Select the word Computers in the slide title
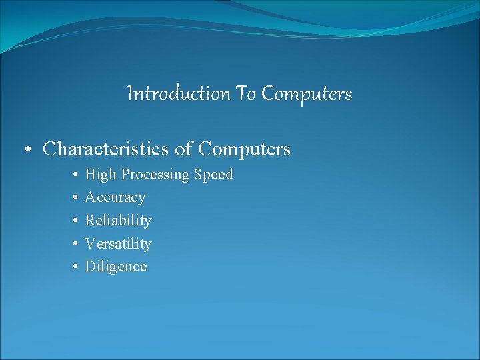[x=307, y=94]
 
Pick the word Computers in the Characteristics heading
[x=245, y=149]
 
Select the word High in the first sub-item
[x=100, y=175]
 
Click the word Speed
[x=213, y=175]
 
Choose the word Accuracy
[x=115, y=197]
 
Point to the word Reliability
[x=118, y=220]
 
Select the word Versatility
[x=118, y=243]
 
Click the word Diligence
[x=115, y=266]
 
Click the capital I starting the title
[x=129, y=94]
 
